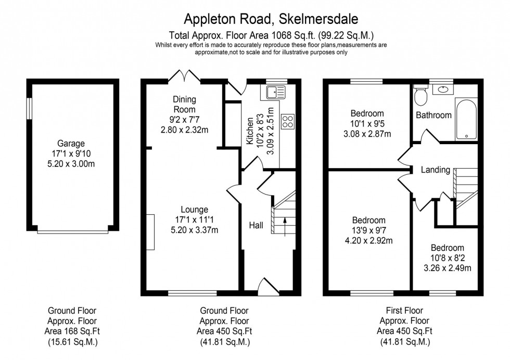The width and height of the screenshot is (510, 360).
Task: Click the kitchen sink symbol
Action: pos(274,93)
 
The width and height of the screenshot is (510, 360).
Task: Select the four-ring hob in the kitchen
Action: pos(287,121)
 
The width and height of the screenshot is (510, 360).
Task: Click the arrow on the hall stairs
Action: pos(285,225)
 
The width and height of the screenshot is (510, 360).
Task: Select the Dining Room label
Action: pos(185,105)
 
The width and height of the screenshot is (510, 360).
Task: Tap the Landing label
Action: pos(435,170)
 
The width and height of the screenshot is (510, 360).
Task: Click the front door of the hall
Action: pos(266,287)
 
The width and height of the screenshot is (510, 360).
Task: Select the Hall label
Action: pos(256,225)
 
